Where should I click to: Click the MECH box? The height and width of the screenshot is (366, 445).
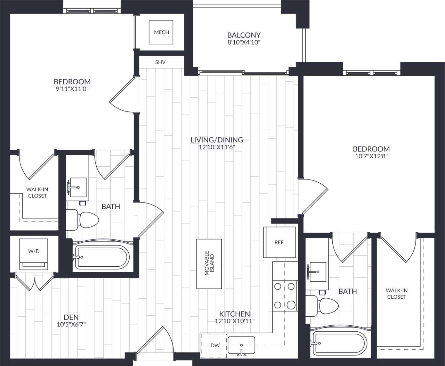point(161,32)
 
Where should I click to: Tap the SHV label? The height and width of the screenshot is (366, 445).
point(160,63)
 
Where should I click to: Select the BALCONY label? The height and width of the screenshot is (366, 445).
point(244,35)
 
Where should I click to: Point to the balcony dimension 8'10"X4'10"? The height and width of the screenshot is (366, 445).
point(244,43)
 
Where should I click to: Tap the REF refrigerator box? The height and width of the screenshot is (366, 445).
point(279,242)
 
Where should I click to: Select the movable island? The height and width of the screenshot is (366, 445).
point(209,264)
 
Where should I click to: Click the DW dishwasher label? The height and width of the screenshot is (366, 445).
point(213,345)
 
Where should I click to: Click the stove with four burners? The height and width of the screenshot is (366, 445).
point(284,295)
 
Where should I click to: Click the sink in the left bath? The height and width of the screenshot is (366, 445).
point(77,188)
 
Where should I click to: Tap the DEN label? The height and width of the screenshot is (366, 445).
point(71,317)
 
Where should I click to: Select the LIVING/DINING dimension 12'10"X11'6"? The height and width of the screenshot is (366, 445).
point(217,147)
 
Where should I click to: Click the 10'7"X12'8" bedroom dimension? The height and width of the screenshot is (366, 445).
point(371,156)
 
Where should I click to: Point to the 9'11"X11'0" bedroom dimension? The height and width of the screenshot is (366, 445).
point(72,89)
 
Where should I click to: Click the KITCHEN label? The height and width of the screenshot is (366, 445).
point(235,314)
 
